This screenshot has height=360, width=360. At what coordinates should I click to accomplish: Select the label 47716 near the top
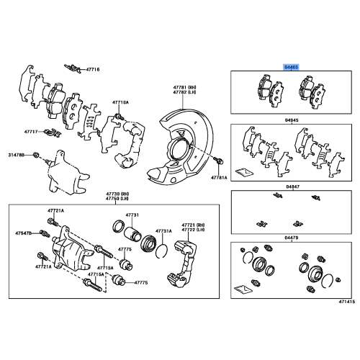click(94, 69)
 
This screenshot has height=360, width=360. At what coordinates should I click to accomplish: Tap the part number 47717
click(30, 132)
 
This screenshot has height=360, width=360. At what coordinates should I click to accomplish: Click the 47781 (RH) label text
click(183, 86)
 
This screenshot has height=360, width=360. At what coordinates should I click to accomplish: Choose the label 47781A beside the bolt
click(218, 176)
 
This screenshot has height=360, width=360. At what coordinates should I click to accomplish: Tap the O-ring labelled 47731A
click(163, 250)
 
